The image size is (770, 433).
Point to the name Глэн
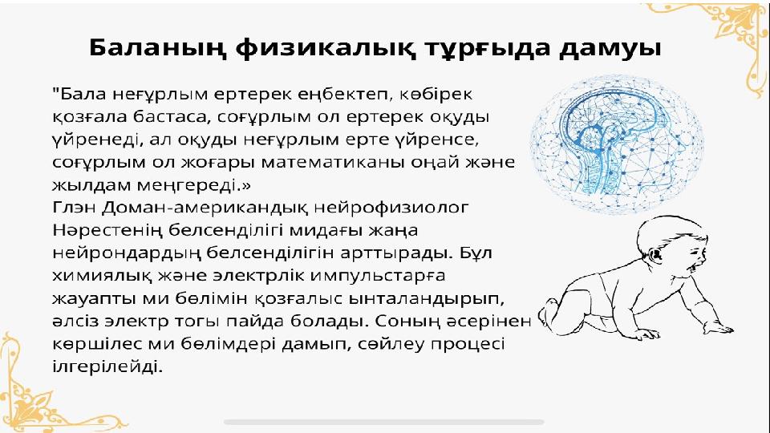tap(74, 208)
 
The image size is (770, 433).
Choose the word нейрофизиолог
tap(391, 208)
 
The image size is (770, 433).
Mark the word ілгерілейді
tap(107, 366)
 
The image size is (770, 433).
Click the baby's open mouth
tap(697, 267)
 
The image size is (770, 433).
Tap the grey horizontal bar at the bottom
tap(384, 422)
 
